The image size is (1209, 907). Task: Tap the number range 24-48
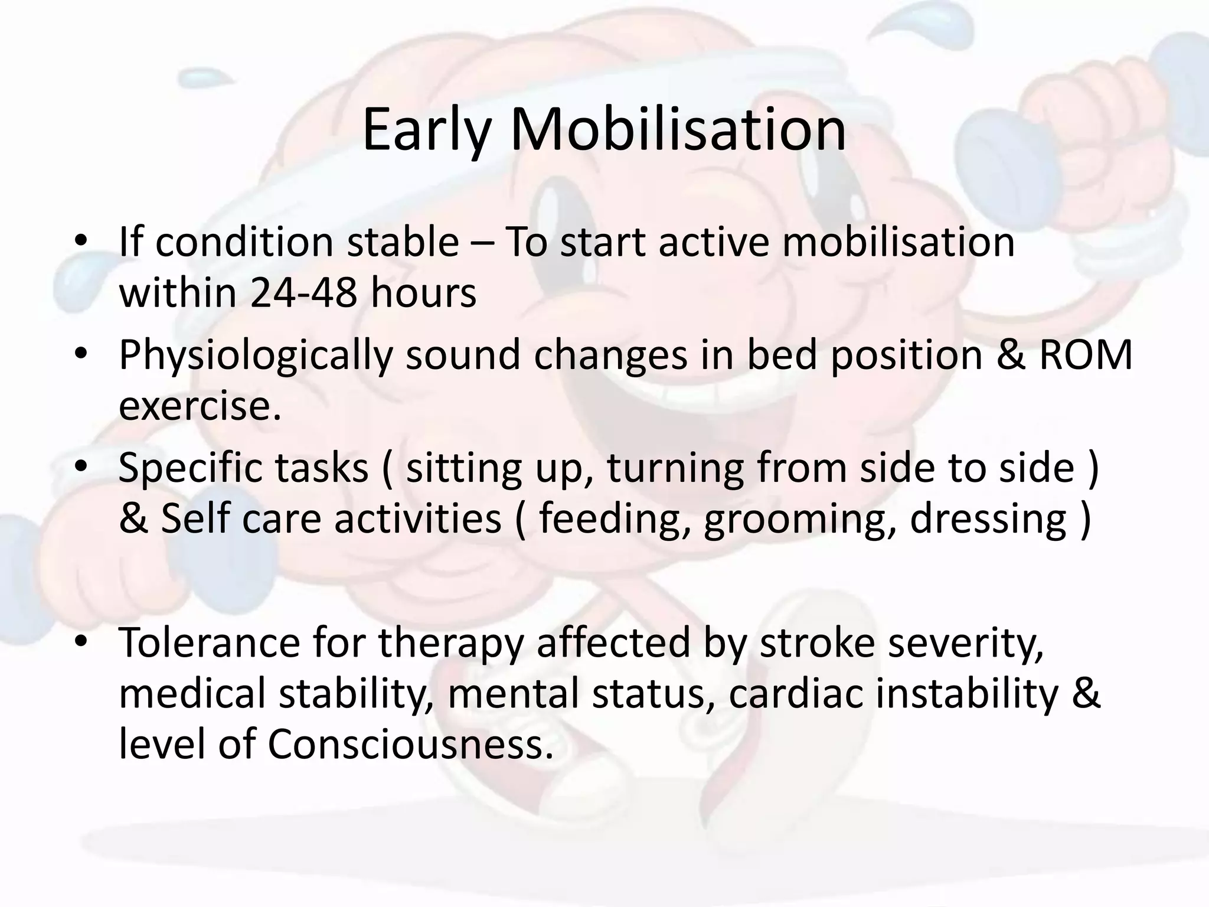click(x=303, y=293)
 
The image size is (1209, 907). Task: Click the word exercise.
click(x=200, y=406)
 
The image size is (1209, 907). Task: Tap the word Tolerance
click(x=209, y=642)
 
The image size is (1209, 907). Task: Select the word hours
click(x=423, y=293)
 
